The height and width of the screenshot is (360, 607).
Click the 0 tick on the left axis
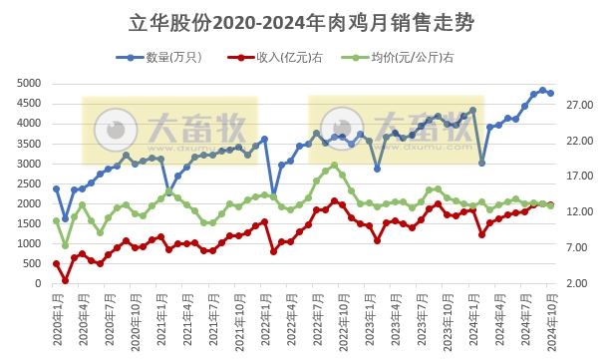pos(38,284)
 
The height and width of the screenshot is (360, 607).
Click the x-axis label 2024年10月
pos(551,319)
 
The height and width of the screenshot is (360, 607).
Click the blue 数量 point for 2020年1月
pos(56,188)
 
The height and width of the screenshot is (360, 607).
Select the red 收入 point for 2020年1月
pos(56,263)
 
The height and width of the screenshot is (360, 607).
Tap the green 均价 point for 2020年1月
pos(56,221)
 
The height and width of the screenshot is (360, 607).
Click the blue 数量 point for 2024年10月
pos(551,93)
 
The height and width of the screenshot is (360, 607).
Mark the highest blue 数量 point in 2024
pos(542,90)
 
